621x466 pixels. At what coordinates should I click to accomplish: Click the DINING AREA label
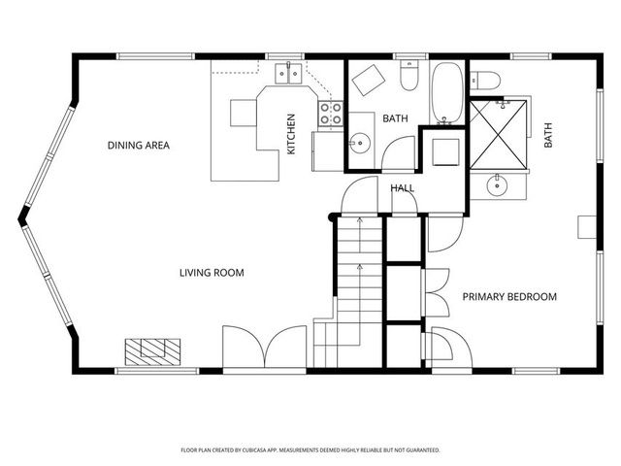click(139, 146)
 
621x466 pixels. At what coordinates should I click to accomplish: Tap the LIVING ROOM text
click(212, 273)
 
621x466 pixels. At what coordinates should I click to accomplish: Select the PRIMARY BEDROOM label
click(508, 297)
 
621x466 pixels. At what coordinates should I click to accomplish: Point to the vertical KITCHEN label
click(290, 134)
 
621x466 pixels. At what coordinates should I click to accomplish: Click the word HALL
click(403, 188)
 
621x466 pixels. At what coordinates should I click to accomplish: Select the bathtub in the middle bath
click(447, 93)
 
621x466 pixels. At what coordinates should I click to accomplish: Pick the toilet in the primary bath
click(486, 79)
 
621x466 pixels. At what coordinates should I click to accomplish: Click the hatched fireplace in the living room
click(152, 349)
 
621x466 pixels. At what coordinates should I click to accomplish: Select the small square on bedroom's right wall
click(585, 227)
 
